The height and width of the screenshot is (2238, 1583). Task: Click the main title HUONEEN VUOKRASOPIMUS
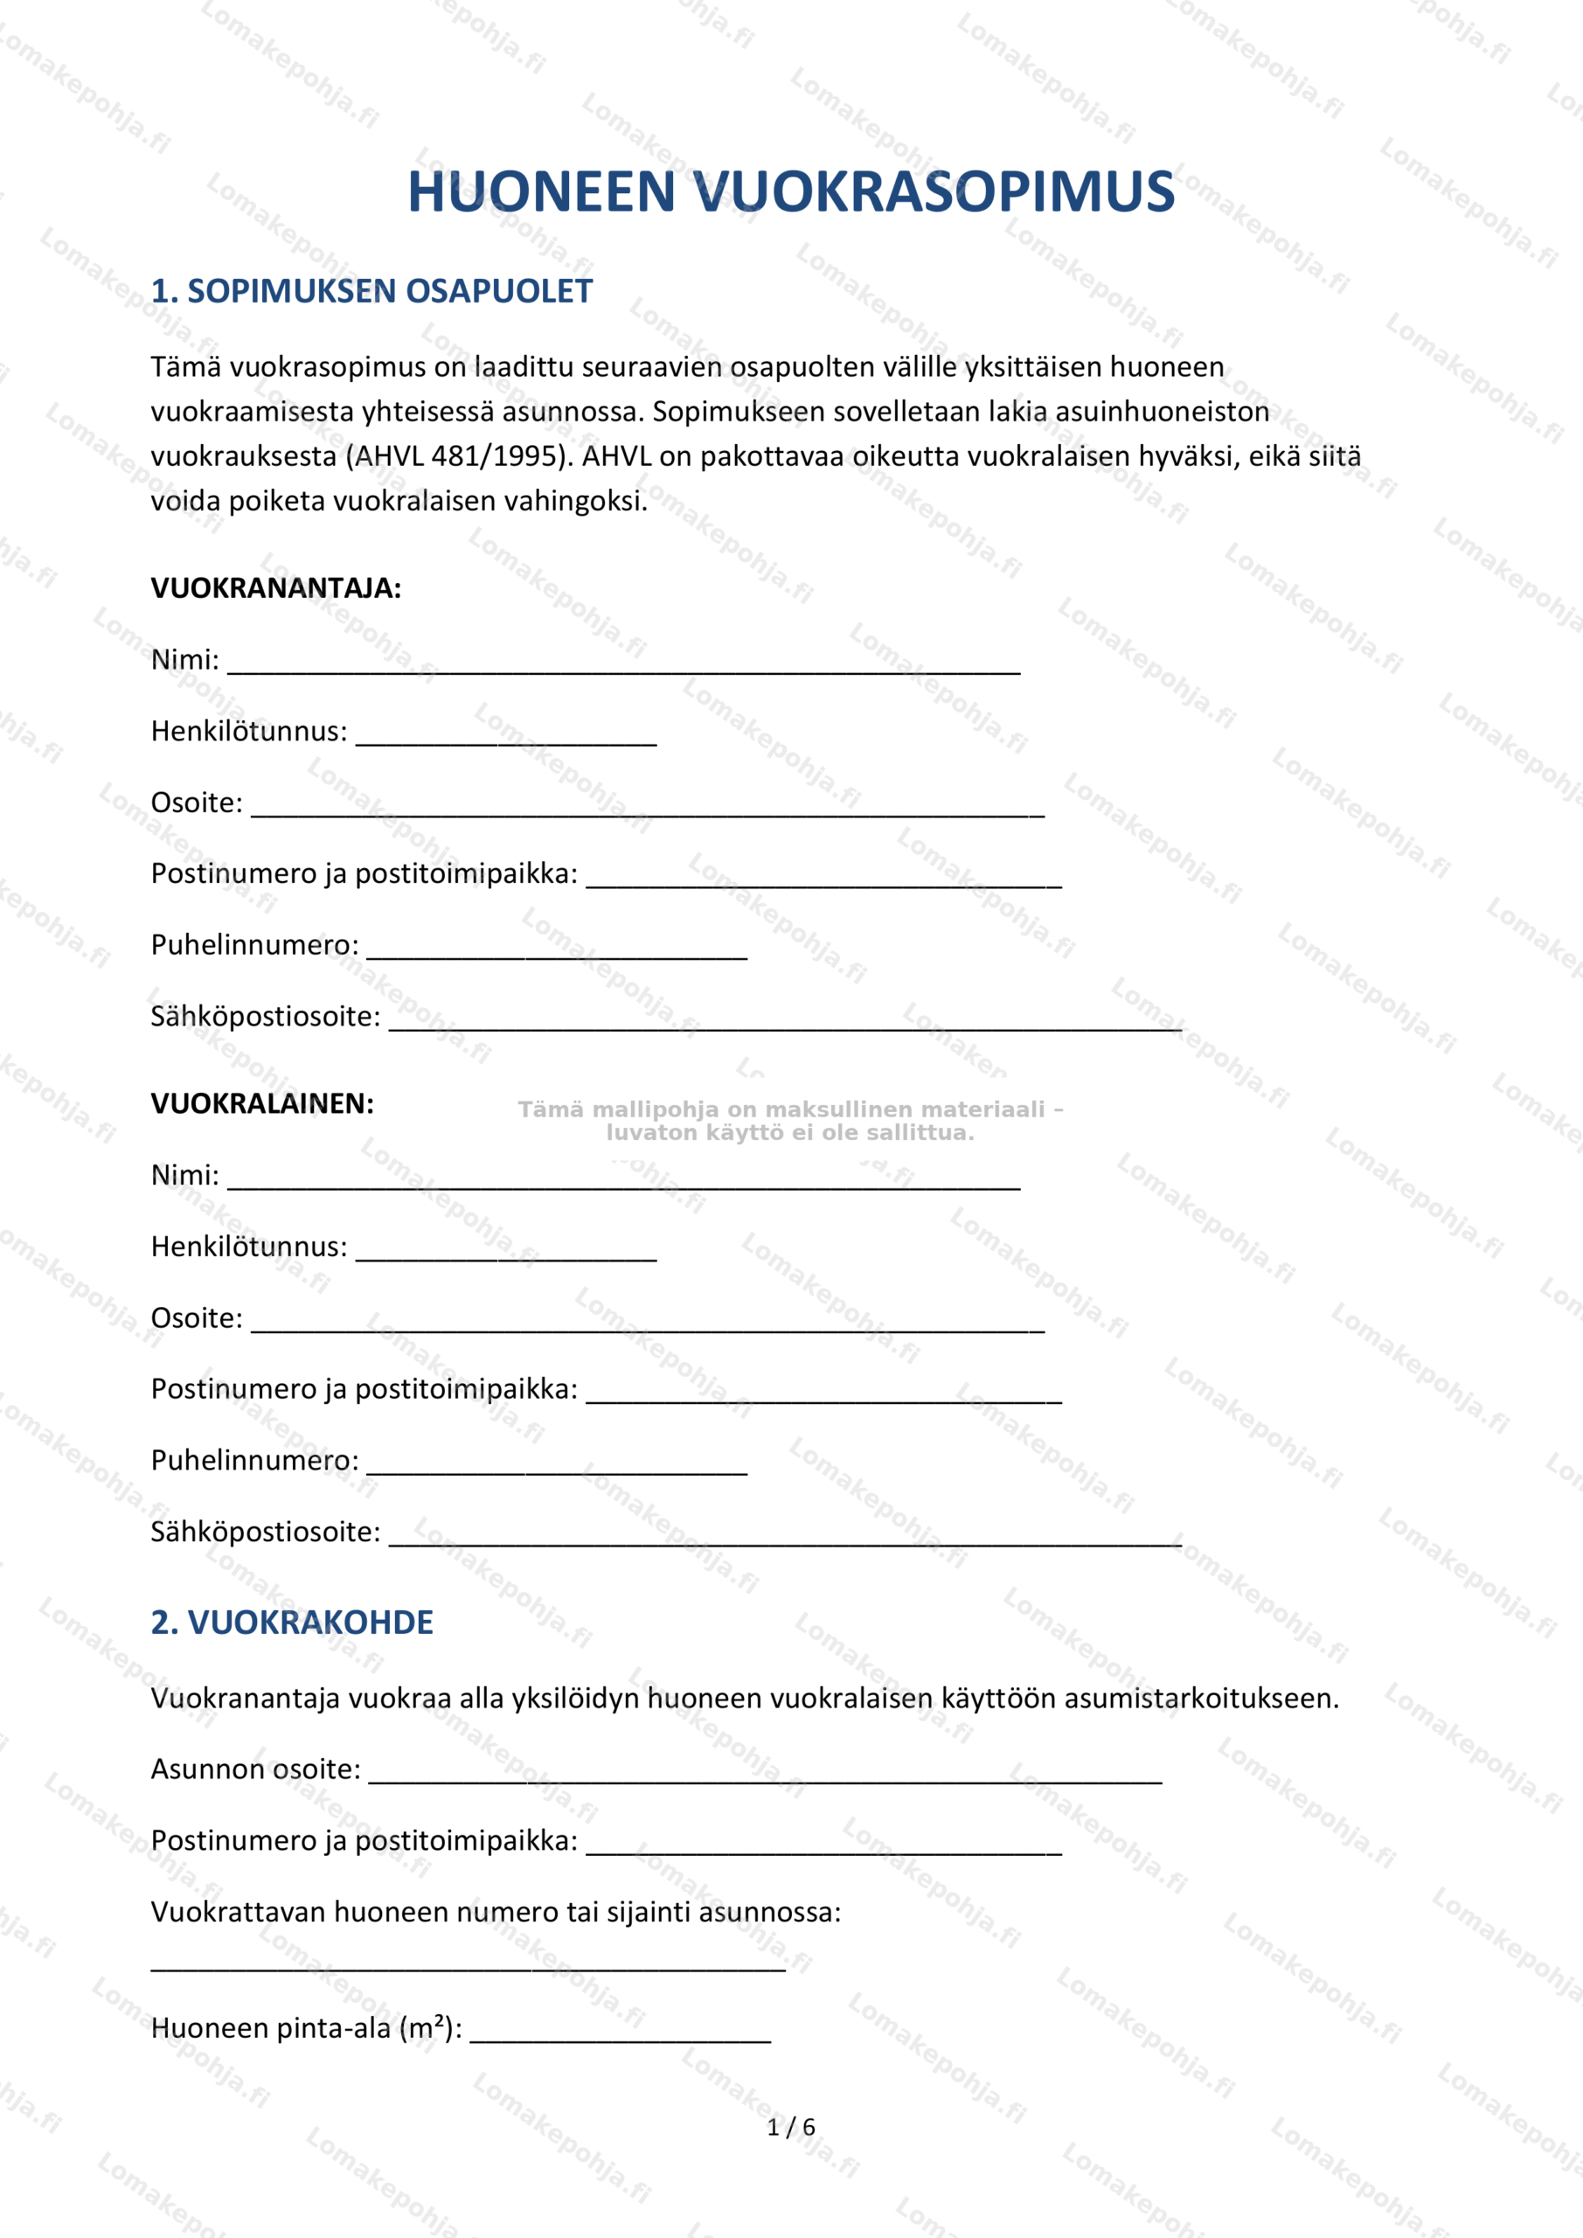(790, 191)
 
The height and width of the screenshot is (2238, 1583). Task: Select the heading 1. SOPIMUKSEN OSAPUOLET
(371, 290)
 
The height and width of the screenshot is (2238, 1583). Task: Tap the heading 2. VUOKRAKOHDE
(291, 1622)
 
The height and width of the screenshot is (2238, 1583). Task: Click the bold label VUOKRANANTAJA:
(276, 587)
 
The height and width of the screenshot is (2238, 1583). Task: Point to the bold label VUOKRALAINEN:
(262, 1103)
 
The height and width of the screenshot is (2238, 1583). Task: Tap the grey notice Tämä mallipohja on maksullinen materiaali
(789, 1121)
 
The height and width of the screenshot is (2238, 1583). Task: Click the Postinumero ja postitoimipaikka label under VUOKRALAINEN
(364, 1389)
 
